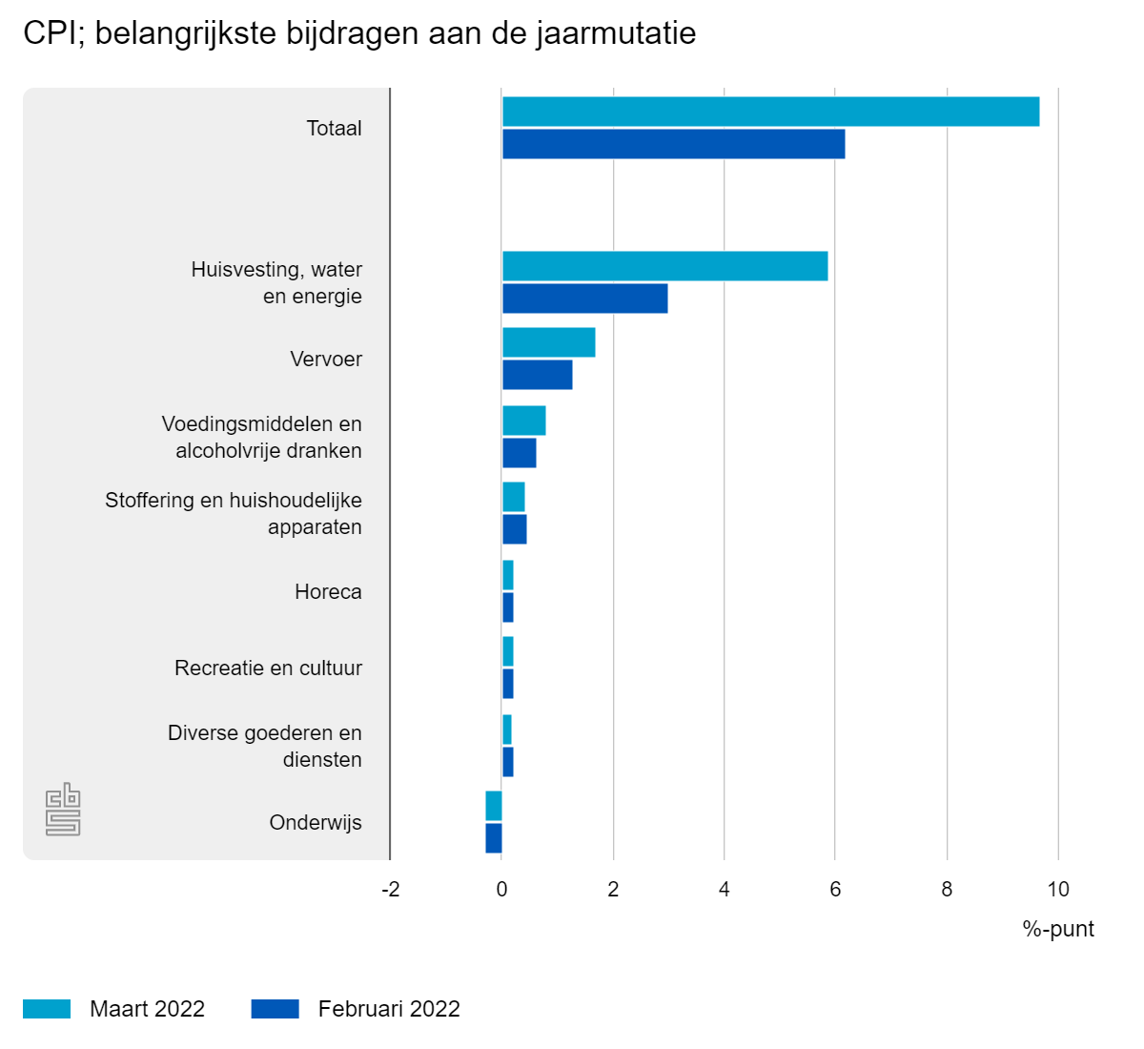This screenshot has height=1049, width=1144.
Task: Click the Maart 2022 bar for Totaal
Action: (x=770, y=112)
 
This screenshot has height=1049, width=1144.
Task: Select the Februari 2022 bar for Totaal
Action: (x=673, y=144)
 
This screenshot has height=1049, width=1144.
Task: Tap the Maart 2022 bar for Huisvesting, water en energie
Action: (x=664, y=266)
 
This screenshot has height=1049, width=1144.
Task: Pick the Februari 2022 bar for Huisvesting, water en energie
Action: (x=584, y=298)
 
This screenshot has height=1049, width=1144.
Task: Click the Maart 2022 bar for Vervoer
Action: (x=548, y=342)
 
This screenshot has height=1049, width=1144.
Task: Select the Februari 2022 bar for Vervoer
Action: (x=537, y=375)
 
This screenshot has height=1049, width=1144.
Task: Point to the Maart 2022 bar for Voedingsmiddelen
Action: (x=523, y=421)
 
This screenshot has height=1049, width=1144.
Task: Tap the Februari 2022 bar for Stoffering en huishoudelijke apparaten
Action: (x=514, y=529)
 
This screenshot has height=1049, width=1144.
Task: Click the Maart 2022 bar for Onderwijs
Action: (x=494, y=806)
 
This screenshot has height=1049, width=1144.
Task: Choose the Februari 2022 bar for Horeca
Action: (x=508, y=607)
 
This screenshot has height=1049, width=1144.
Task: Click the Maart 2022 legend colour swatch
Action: (x=47, y=1009)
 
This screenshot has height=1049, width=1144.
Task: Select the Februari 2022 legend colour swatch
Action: (x=276, y=1009)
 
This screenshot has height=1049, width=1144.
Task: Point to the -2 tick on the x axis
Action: (x=391, y=890)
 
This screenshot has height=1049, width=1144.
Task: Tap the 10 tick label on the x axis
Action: (x=1058, y=890)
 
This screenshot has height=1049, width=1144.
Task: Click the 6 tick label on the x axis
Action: (x=835, y=890)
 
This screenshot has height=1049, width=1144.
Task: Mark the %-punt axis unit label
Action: (x=1058, y=929)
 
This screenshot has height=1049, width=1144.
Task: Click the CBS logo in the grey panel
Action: (x=63, y=810)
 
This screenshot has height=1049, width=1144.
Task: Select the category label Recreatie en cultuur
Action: (x=268, y=668)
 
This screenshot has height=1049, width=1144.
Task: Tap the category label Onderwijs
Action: (x=316, y=823)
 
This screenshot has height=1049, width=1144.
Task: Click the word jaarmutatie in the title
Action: (x=616, y=33)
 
